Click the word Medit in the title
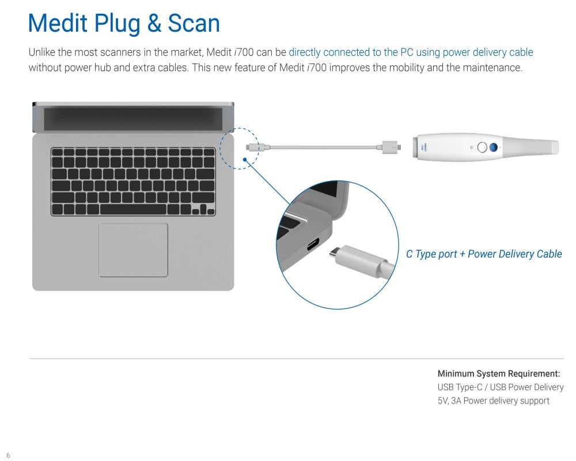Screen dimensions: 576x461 [58, 23]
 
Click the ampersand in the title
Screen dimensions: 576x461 [154, 23]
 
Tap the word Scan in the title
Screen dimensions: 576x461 [194, 23]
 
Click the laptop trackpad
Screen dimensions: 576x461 [134, 250]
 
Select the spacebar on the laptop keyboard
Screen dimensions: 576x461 [134, 210]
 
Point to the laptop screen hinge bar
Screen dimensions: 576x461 [133, 118]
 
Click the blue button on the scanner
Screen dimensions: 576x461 [494, 148]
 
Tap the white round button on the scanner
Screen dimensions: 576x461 [482, 148]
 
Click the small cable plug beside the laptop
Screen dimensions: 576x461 [253, 147]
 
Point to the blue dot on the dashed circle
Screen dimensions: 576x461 [245, 160]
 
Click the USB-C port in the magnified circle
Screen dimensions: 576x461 [313, 244]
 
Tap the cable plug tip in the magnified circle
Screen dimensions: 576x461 [333, 252]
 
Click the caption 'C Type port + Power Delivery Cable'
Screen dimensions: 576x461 [484, 254]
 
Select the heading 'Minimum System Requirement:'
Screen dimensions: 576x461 [498, 373]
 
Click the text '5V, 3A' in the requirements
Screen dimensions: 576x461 [449, 400]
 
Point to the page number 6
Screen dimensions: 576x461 [9, 455]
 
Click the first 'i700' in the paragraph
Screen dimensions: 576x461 [244, 52]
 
